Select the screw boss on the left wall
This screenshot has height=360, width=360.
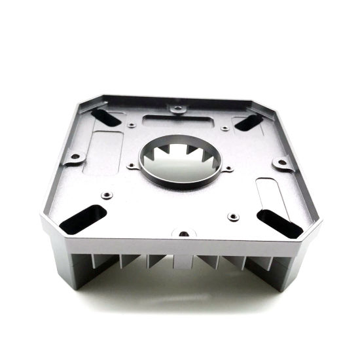pos(75,157)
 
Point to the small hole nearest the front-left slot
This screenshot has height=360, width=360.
pos(106,195)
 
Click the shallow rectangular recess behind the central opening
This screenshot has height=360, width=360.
pos(178,122)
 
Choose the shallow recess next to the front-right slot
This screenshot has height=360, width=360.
pos(267,194)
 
